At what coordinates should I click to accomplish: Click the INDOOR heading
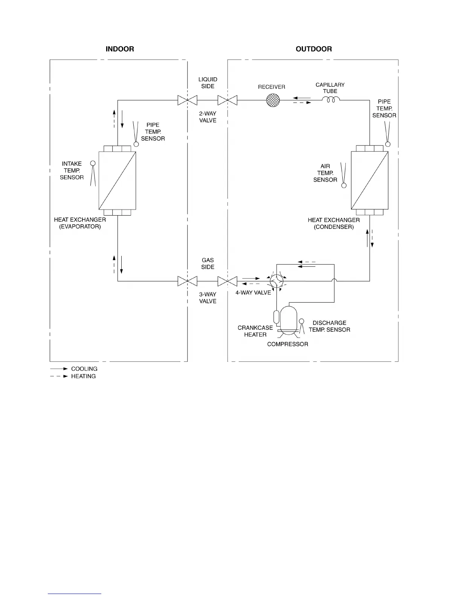(x=120, y=49)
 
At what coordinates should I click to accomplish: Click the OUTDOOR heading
(x=314, y=49)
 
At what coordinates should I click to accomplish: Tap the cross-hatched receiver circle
(x=273, y=100)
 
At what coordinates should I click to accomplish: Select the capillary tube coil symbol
(x=331, y=99)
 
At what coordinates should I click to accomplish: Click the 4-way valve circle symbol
(x=277, y=281)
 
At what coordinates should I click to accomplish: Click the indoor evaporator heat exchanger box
(x=117, y=181)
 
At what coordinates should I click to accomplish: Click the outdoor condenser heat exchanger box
(x=369, y=180)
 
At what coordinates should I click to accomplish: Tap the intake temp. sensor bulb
(x=93, y=163)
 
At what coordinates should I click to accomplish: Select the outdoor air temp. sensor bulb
(x=344, y=185)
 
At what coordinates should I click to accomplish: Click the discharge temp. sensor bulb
(x=301, y=321)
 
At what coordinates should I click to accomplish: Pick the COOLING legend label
(x=84, y=369)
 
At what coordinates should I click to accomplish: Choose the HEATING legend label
(x=84, y=376)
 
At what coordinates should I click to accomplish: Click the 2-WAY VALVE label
(x=208, y=117)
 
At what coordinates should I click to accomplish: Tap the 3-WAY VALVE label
(x=208, y=298)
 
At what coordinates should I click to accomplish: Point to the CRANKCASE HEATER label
(x=255, y=331)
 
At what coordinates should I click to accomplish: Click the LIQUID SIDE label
(x=208, y=83)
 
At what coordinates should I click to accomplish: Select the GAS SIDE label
(x=208, y=263)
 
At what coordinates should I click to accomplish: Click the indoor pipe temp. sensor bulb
(x=136, y=144)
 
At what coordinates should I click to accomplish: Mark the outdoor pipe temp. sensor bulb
(x=388, y=144)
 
